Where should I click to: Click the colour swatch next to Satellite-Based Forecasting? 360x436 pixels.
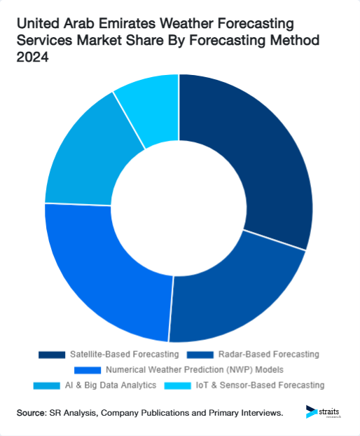51,354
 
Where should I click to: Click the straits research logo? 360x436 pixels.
324,412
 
